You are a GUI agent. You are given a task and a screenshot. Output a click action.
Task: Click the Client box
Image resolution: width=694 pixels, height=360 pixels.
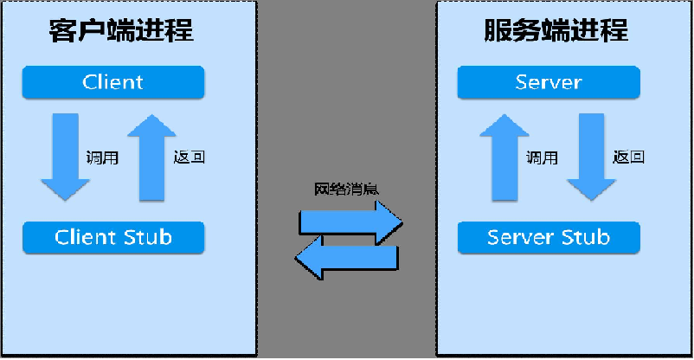[x=113, y=83]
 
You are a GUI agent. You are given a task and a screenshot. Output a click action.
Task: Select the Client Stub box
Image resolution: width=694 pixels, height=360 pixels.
[x=113, y=237]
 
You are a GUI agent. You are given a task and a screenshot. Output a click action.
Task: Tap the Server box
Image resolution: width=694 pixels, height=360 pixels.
[x=549, y=83]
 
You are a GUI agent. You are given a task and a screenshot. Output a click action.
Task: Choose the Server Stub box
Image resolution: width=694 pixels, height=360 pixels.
[x=549, y=237]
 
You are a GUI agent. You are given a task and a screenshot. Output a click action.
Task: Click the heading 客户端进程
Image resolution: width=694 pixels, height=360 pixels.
[x=120, y=32]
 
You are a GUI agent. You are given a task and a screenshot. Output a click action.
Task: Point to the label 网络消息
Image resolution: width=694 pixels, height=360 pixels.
[x=344, y=188]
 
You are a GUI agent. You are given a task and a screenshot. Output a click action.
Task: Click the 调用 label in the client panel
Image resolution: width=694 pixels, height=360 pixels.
[x=102, y=158]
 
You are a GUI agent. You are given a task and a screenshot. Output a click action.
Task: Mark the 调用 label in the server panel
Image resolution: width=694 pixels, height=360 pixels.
[x=542, y=158]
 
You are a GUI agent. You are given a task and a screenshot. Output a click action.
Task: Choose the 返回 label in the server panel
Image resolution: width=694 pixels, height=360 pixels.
[x=629, y=158]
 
